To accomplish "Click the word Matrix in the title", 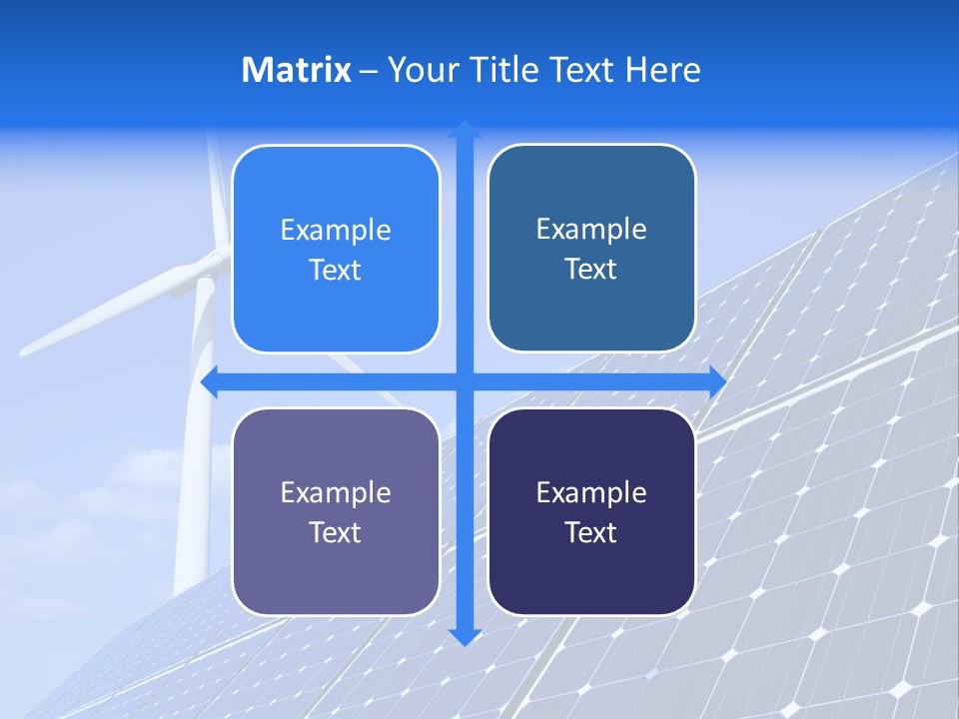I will [x=297, y=70].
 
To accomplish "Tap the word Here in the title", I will [x=663, y=70].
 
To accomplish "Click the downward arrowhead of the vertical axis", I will [x=465, y=636].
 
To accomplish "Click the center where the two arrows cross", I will [x=465, y=381].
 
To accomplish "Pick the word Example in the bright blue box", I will [x=336, y=231].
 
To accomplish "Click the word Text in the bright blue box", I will [x=336, y=271].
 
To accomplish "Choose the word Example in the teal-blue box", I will [x=591, y=230].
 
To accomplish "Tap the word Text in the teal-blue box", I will [x=591, y=270].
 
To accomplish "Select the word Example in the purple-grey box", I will [x=336, y=493].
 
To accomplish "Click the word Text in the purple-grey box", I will [x=336, y=533].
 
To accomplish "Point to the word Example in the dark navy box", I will [x=591, y=493].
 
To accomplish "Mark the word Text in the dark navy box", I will [x=591, y=533].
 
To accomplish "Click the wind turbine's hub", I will [x=212, y=265].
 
